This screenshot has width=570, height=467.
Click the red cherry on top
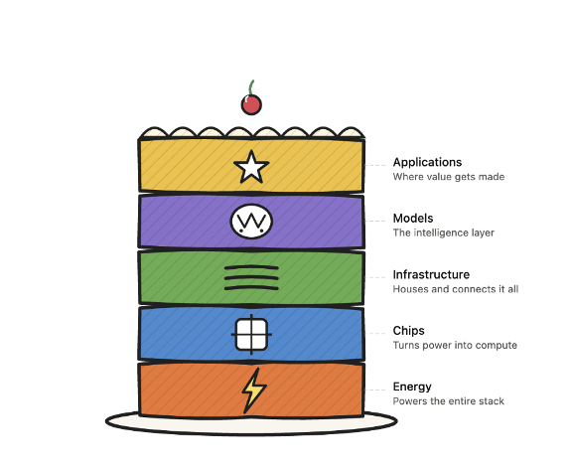tap(251, 104)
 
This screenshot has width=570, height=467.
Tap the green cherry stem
tap(251, 87)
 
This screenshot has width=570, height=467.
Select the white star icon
tap(251, 167)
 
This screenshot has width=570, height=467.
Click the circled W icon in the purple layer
tap(251, 222)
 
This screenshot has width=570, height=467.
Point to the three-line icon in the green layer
tap(251, 278)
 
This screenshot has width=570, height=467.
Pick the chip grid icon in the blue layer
tap(251, 334)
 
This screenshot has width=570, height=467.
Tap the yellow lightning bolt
tap(254, 390)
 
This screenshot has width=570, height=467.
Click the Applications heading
tap(427, 162)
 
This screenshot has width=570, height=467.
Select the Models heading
tap(413, 219)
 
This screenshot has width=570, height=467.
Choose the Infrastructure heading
tap(431, 274)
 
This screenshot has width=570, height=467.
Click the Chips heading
tap(408, 331)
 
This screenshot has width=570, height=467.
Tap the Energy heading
tap(412, 387)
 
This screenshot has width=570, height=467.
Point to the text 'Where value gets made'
tap(449, 177)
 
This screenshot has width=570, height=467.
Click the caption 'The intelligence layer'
tap(444, 233)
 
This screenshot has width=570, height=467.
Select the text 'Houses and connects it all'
tap(456, 289)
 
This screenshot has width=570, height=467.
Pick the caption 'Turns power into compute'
tap(455, 345)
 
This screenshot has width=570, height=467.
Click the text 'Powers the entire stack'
tap(448, 401)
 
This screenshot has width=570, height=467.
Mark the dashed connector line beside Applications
tap(374, 165)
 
